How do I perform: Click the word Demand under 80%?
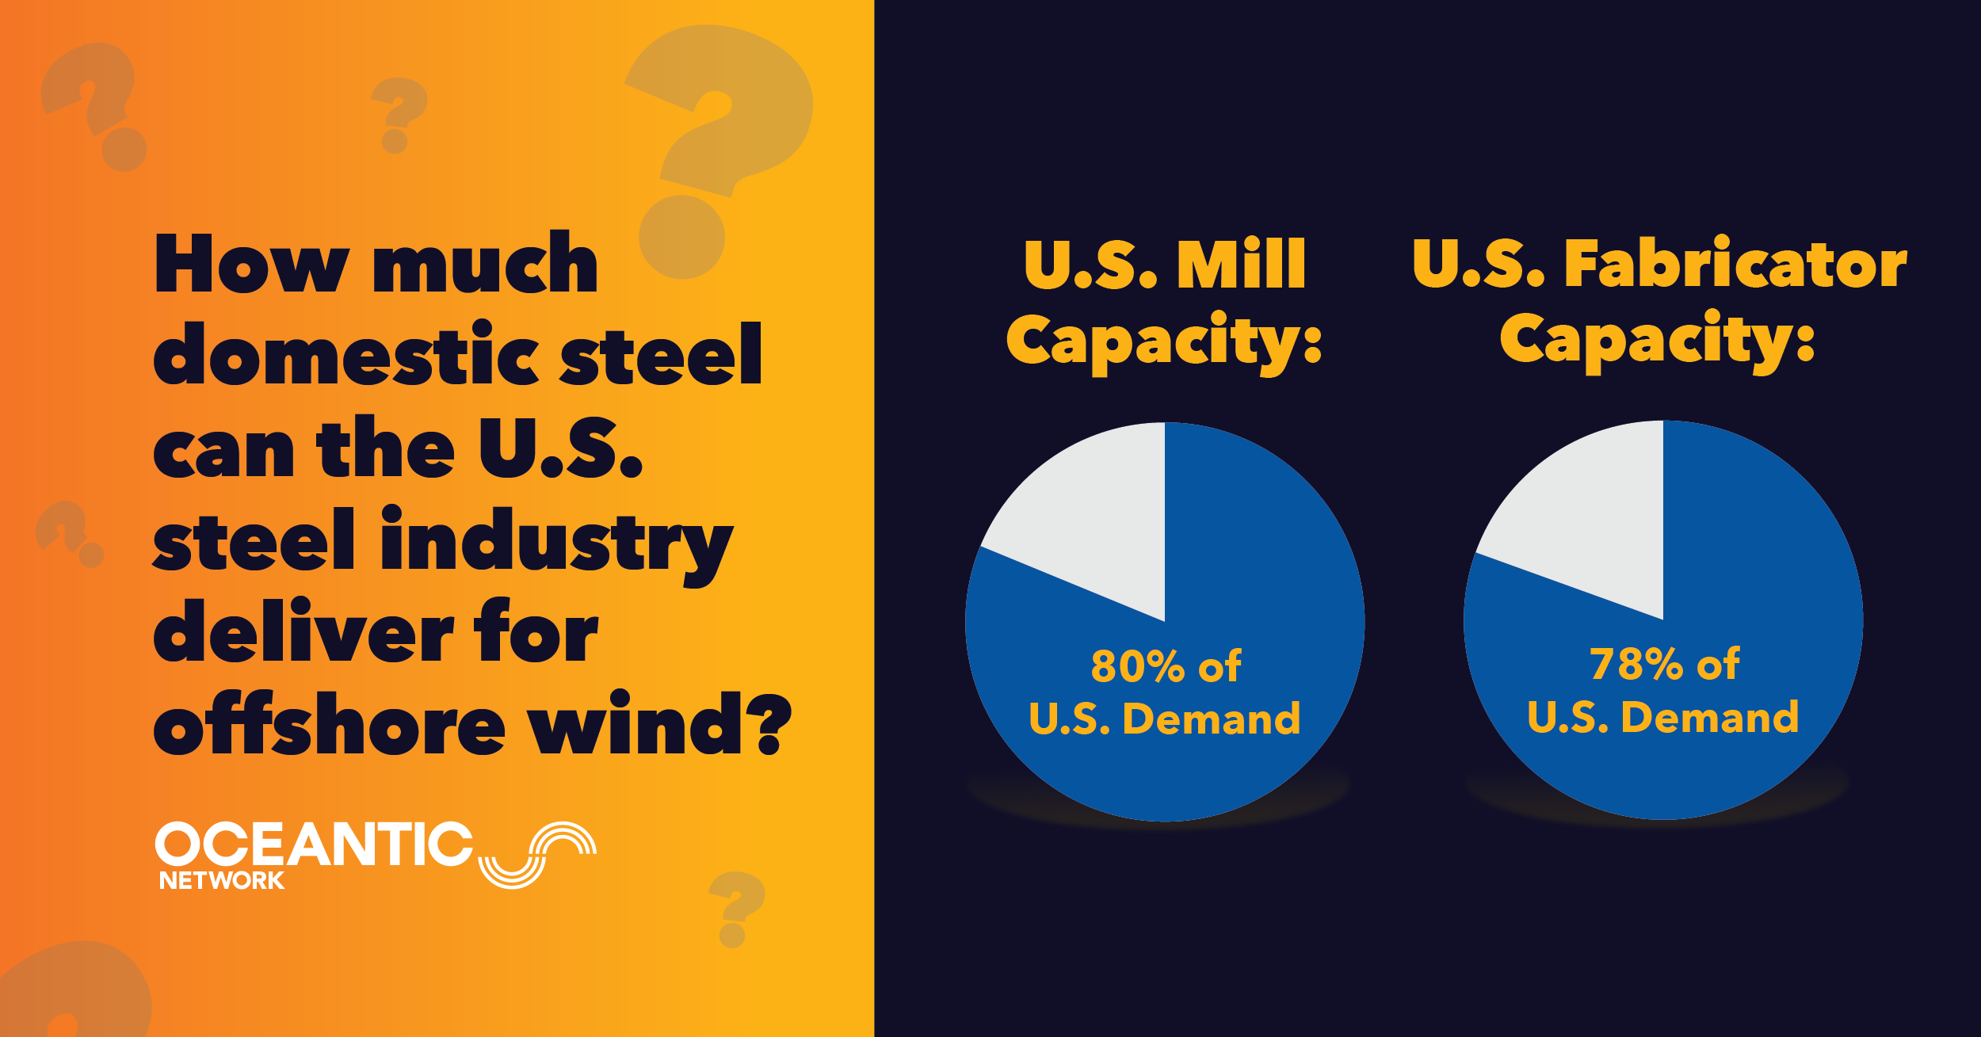(x=1212, y=719)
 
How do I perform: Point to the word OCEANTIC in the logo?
(x=314, y=844)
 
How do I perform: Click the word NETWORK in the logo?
(x=222, y=880)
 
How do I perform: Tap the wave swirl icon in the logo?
(x=537, y=855)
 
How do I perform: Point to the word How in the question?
(x=252, y=263)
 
